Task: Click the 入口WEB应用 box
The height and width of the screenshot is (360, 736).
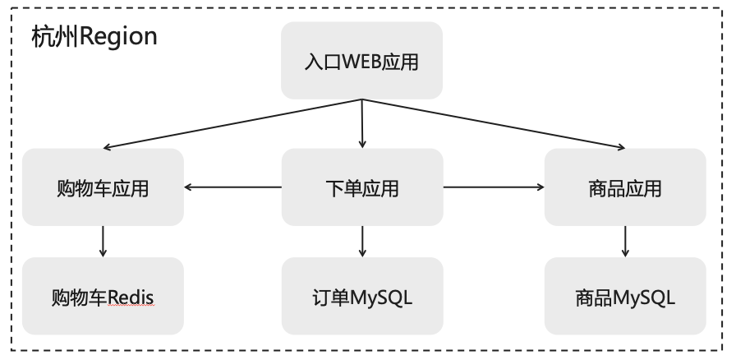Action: [x=361, y=61]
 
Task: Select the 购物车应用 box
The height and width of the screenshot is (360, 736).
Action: [x=103, y=187]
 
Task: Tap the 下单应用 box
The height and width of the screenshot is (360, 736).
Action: [x=361, y=187]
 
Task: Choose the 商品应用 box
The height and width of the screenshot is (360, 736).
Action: [x=625, y=187]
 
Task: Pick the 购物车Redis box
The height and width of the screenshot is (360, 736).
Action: [x=103, y=297]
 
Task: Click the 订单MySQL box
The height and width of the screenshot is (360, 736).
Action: [x=361, y=297]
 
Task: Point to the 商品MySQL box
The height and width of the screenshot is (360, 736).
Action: [x=625, y=297]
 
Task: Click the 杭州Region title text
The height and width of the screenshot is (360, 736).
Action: [x=94, y=37]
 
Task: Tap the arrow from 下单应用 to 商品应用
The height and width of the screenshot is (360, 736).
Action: [x=494, y=187]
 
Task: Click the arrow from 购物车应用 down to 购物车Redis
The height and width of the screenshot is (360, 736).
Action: [x=103, y=242]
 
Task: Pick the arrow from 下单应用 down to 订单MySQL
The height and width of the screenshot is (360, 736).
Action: [x=362, y=242]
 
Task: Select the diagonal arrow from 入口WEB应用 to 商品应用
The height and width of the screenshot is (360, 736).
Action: [x=494, y=124]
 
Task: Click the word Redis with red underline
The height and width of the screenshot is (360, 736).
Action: [x=131, y=298]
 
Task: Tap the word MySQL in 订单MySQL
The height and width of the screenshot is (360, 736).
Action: [x=381, y=298]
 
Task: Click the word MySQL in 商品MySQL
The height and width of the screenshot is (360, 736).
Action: [x=645, y=298]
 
